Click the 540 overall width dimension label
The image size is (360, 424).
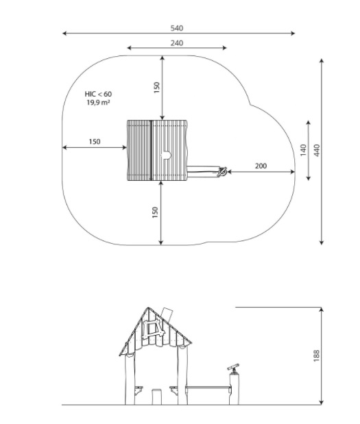pos(177,28)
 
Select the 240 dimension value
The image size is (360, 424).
pos(177,43)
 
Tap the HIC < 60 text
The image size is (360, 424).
pos(98,94)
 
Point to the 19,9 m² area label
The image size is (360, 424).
pos(98,103)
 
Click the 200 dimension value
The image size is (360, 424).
pos(261,166)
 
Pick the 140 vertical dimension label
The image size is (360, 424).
pos(303,150)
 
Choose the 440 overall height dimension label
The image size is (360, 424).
pos(317,150)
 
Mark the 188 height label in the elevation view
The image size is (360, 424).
pos(316,356)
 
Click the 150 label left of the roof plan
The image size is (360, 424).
pos(95,142)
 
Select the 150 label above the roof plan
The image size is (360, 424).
pos(157,88)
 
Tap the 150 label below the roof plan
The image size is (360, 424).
pos(155,212)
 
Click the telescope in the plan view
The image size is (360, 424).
pos(222,172)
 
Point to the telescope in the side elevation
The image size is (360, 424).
pos(233,368)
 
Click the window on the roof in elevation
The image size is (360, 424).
pos(154,329)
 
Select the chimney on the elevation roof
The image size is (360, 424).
pos(167,314)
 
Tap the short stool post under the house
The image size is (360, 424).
pos(156,397)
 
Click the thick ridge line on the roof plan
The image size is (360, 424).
pos(151,150)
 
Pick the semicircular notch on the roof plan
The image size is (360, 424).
pos(167,155)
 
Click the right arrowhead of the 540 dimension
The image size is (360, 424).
pos(293,34)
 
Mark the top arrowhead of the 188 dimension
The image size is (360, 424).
pos(322,310)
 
